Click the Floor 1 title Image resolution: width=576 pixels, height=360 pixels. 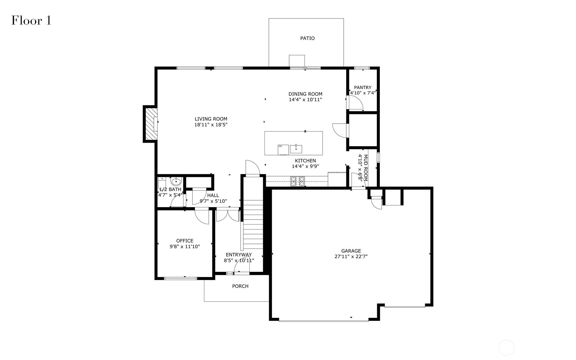click(x=32, y=20)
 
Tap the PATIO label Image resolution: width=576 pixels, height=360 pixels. click(x=307, y=38)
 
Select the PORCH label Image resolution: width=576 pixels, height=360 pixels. click(x=240, y=286)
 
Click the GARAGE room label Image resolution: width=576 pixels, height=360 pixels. click(x=351, y=251)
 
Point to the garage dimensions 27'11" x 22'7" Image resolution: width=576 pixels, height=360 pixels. click(x=351, y=257)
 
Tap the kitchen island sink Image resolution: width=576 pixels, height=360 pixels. click(x=296, y=149)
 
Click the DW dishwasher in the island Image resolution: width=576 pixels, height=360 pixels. click(x=283, y=149)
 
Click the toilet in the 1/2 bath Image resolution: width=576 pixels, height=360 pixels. click(x=162, y=182)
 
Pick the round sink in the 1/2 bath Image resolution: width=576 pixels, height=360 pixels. click(x=176, y=181)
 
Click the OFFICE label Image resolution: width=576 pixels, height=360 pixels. click(x=185, y=241)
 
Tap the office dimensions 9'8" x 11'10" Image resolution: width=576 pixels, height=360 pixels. click(x=185, y=247)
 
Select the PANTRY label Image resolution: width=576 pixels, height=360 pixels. click(x=363, y=87)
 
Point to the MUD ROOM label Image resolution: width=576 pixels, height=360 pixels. click(x=365, y=168)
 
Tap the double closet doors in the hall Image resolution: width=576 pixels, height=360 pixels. click(x=228, y=215)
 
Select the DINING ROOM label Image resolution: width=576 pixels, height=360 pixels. click(x=305, y=94)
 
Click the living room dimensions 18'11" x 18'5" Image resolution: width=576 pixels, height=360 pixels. click(x=211, y=125)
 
